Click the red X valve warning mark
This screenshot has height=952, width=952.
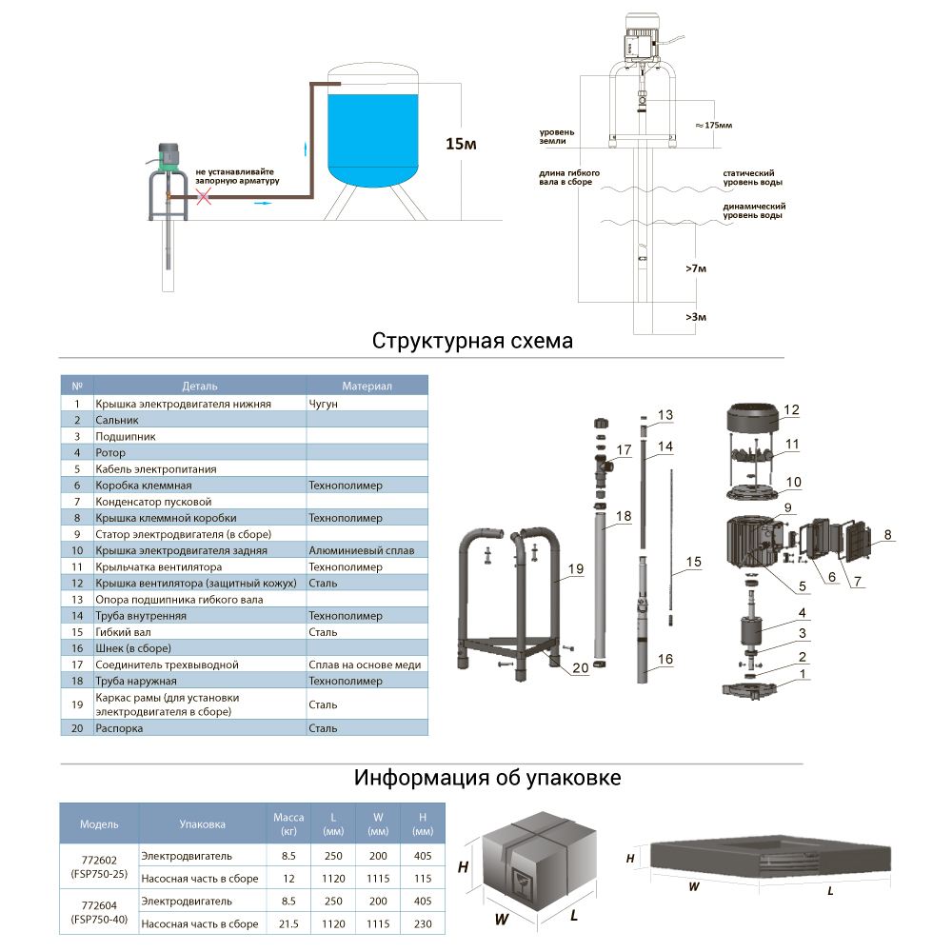[x=203, y=197]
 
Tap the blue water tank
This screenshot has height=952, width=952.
[x=372, y=129]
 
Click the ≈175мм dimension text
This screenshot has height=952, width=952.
[x=713, y=126]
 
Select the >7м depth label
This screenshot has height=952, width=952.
[x=695, y=269]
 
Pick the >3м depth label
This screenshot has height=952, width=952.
[x=695, y=316]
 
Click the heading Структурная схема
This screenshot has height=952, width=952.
[x=472, y=341]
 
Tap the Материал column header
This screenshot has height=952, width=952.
[x=367, y=386]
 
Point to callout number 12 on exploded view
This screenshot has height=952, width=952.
[x=791, y=410]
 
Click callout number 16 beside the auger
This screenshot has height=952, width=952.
[x=664, y=659]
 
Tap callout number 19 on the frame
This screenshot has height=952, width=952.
[x=575, y=568]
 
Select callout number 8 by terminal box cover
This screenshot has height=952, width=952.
[x=887, y=535]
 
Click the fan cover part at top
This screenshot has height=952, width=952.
[x=752, y=419]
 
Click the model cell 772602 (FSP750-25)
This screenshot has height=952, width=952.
[x=99, y=864]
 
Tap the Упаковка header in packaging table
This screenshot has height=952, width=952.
[x=202, y=823]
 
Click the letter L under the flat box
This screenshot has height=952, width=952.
[x=830, y=891]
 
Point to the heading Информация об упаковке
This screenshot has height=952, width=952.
[x=487, y=778]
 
